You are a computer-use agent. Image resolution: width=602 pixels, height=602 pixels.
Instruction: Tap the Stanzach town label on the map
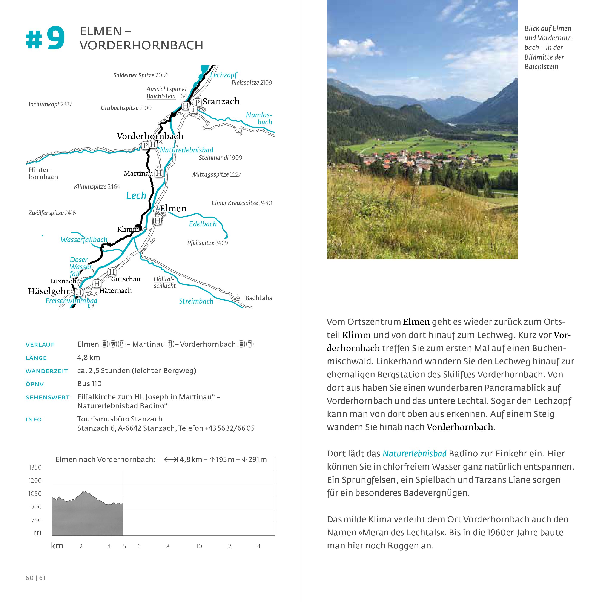[221, 101]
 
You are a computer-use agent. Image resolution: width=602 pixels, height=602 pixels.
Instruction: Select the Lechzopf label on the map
[223, 75]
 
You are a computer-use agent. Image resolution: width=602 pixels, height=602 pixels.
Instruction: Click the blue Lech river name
[136, 196]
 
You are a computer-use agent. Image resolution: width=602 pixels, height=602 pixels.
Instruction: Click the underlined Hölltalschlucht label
[164, 282]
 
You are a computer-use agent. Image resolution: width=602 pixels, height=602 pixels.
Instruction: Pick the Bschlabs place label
[258, 298]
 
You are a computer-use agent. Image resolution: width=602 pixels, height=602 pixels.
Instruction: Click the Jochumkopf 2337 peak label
[50, 104]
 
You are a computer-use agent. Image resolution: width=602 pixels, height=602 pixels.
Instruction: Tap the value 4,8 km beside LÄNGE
[89, 357]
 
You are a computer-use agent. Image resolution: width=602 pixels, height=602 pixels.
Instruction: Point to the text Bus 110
[89, 384]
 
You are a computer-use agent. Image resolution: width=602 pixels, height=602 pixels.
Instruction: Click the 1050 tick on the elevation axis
[35, 494]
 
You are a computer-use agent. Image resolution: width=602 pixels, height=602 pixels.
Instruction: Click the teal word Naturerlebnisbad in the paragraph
[415, 454]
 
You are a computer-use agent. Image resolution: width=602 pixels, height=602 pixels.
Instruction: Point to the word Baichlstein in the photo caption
[541, 67]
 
